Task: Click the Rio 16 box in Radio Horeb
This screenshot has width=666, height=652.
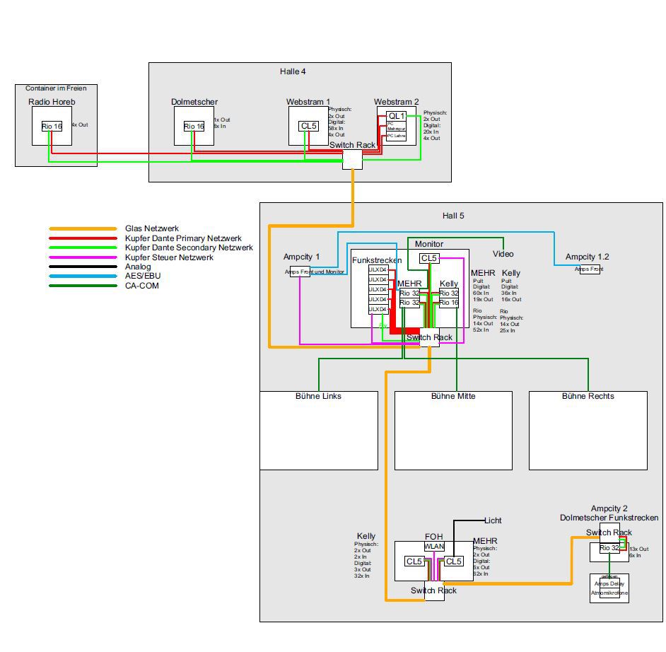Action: click(x=52, y=126)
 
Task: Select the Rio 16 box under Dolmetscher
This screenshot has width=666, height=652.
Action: click(x=194, y=126)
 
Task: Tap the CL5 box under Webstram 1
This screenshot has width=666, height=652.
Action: click(x=309, y=126)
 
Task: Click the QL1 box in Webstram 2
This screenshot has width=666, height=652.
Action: click(x=397, y=116)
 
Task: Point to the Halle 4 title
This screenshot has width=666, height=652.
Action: click(x=293, y=71)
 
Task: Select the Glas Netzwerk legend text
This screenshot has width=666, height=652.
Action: click(x=152, y=228)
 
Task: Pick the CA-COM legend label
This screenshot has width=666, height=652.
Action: click(x=143, y=286)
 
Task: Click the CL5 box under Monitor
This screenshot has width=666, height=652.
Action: click(x=429, y=258)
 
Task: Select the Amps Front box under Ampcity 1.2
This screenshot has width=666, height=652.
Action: click(x=590, y=269)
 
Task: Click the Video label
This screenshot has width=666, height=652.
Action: click(x=503, y=254)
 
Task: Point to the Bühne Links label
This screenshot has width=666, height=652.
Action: click(x=318, y=396)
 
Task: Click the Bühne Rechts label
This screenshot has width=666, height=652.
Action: click(x=588, y=396)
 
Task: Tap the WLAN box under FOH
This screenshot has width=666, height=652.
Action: click(x=434, y=547)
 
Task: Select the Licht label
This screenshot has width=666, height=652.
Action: click(x=493, y=520)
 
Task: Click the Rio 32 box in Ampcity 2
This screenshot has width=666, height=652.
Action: click(x=609, y=548)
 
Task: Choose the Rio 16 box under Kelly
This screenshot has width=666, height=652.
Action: click(x=449, y=303)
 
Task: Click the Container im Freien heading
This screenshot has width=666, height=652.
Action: click(x=56, y=88)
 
